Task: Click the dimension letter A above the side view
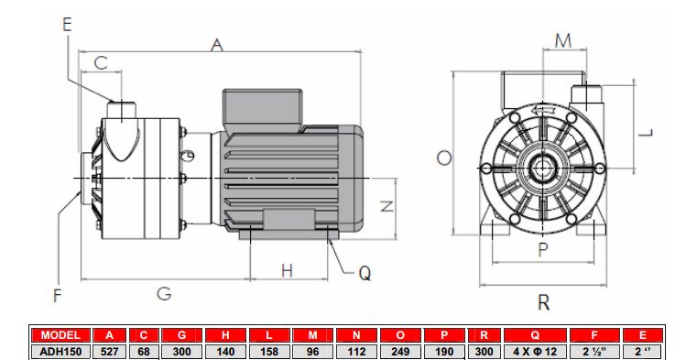pyautogui.click(x=217, y=44)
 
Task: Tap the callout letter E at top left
pyautogui.click(x=67, y=25)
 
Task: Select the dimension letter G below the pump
pyautogui.click(x=164, y=293)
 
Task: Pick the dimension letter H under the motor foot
pyautogui.click(x=287, y=270)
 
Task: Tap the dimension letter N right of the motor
pyautogui.click(x=387, y=205)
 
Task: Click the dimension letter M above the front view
pyautogui.click(x=563, y=39)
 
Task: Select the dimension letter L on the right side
pyautogui.click(x=646, y=131)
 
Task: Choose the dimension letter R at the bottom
pyautogui.click(x=543, y=302)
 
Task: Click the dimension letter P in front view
pyautogui.click(x=542, y=248)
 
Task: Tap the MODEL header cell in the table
pyautogui.click(x=60, y=334)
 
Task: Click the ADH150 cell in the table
pyautogui.click(x=60, y=350)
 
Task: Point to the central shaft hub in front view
pyautogui.click(x=543, y=170)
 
